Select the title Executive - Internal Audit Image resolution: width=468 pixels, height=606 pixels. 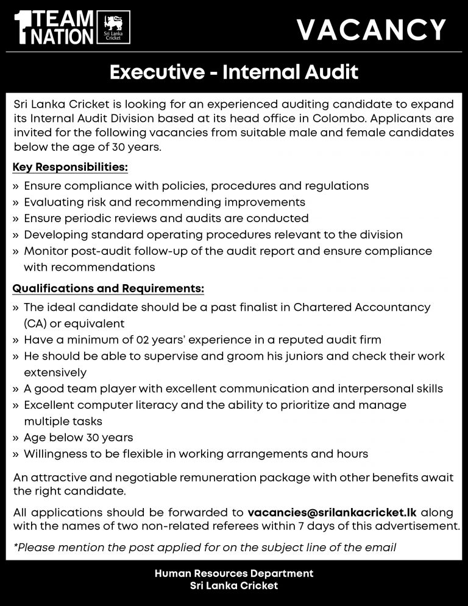pos(233,73)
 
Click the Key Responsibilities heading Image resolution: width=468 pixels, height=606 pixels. pos(71,167)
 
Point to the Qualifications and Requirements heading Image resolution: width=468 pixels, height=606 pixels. pos(108,288)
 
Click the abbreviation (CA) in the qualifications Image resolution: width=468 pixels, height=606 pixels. pos(36,323)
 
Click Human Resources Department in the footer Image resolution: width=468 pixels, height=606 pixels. pos(234,573)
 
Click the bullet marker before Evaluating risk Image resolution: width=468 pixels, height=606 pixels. pos(16,202)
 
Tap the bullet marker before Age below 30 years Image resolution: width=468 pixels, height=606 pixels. pos(16,437)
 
